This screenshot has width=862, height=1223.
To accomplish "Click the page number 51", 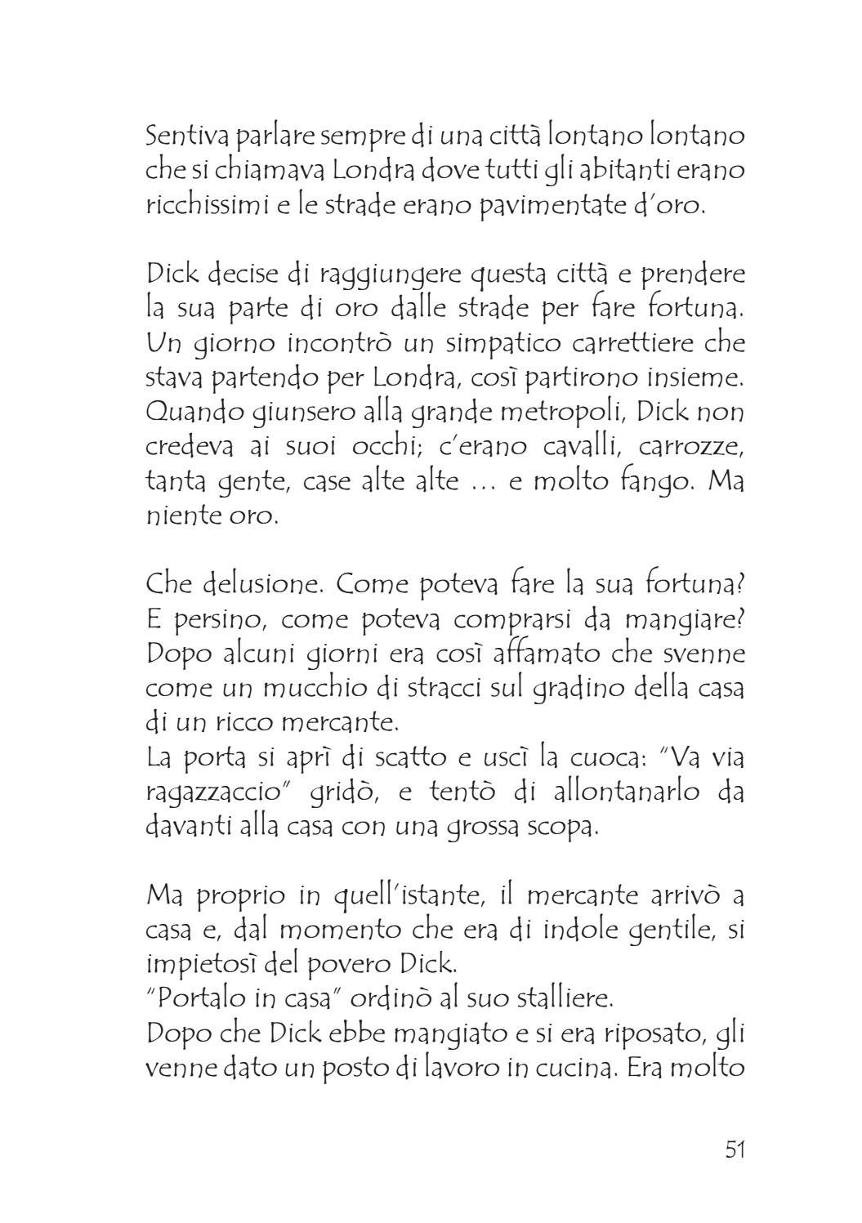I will [734, 1149].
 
